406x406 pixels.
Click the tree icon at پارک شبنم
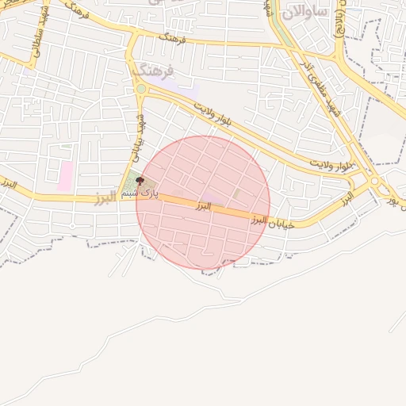(140, 182)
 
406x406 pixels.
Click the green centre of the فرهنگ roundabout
(140, 90)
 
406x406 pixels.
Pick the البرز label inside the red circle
(204, 206)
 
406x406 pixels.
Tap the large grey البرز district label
(105, 197)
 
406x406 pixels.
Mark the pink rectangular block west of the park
(65, 176)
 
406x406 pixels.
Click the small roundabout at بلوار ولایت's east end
(373, 180)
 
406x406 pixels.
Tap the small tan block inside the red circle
(236, 193)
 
